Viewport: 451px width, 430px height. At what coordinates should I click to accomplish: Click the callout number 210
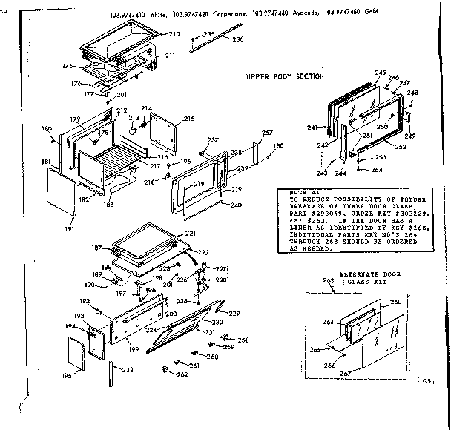tap(174, 35)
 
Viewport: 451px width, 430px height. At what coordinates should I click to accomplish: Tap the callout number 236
tap(237, 39)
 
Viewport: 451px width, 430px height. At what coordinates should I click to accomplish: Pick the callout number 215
tap(189, 119)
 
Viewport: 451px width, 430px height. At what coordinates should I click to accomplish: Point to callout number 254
tap(377, 170)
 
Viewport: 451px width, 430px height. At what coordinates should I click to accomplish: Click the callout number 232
tap(128, 369)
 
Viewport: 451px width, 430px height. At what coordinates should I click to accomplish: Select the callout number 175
tap(70, 66)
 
